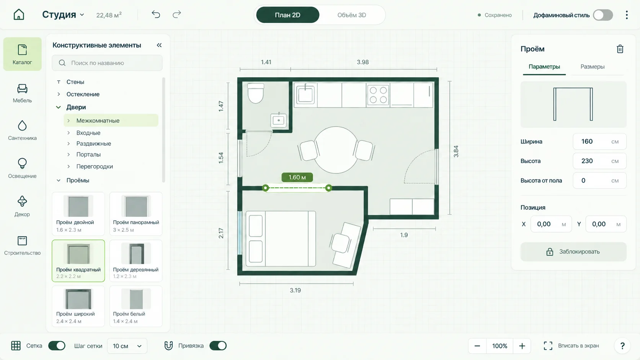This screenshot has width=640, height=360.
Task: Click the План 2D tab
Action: point(287,15)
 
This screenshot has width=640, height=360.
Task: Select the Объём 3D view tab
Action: point(351,15)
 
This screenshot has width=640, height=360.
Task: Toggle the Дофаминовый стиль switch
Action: point(603,15)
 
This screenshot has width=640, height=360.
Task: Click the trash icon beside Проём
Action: point(620,49)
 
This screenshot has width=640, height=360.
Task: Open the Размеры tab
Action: point(592,67)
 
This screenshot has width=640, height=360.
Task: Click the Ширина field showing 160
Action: point(599,141)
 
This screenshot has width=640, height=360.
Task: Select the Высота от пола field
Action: point(599,181)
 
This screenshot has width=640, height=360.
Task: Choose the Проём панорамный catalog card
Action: point(136,214)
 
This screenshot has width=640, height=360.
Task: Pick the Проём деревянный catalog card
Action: point(136,261)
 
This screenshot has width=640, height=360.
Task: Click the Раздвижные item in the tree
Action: point(94,143)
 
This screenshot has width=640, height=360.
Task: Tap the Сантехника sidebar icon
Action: point(22,130)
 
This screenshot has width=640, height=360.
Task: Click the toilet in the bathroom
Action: point(255,93)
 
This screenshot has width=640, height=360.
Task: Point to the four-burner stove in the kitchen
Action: point(378,95)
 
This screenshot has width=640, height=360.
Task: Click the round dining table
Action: point(336,150)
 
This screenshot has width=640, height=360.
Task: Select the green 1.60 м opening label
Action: point(297,177)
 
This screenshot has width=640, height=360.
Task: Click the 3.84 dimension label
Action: point(456,151)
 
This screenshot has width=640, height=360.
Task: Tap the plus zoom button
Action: point(522,346)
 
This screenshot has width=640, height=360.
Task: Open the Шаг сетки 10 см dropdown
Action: point(127,346)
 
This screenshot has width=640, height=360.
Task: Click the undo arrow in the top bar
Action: point(156,14)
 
